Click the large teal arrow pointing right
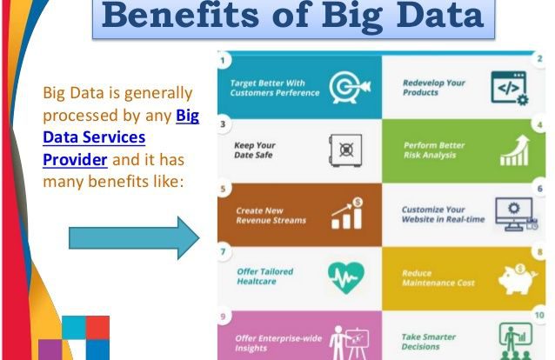(x=134, y=238)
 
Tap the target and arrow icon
(x=350, y=88)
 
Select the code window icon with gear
(x=510, y=88)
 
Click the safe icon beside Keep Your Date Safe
(x=345, y=150)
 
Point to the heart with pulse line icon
(x=346, y=278)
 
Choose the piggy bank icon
(x=518, y=279)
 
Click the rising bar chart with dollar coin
(x=347, y=213)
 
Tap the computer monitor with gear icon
(x=517, y=214)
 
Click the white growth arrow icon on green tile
(x=515, y=150)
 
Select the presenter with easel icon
(x=350, y=343)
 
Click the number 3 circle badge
(x=223, y=124)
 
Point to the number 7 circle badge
(x=223, y=251)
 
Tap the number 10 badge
(x=539, y=315)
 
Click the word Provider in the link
(x=75, y=160)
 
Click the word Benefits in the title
(x=181, y=16)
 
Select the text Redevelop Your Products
(x=434, y=88)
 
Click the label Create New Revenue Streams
(x=271, y=216)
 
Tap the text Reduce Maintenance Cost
(x=438, y=278)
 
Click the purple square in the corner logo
(x=50, y=350)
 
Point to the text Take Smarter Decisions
(x=428, y=342)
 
